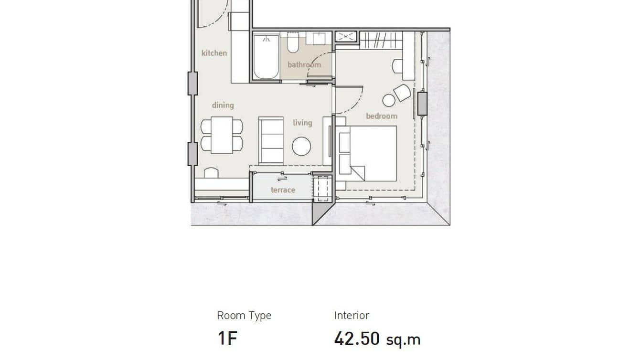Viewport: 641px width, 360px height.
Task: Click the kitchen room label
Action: [x=214, y=53]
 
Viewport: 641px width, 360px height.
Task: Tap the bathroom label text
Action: [x=304, y=64]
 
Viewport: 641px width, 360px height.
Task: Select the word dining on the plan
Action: [x=223, y=105]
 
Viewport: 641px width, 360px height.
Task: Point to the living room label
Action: [x=302, y=123]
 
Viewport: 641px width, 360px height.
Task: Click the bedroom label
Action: [x=382, y=116]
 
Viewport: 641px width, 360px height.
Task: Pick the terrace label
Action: [x=283, y=190]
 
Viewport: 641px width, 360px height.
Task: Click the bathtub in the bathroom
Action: [x=266, y=57]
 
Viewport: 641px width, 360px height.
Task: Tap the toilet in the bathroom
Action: [x=293, y=43]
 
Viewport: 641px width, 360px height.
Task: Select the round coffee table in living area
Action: [x=301, y=146]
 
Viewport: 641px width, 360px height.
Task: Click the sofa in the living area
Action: [x=271, y=140]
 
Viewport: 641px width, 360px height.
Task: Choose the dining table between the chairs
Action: [x=222, y=135]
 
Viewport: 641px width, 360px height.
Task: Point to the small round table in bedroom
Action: [x=389, y=100]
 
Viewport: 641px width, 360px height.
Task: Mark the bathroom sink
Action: [x=320, y=39]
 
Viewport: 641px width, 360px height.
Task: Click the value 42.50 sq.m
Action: [x=377, y=339]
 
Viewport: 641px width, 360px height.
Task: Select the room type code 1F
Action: [x=227, y=339]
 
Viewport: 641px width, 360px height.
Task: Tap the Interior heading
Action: [x=352, y=315]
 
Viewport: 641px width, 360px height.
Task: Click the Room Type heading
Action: [x=244, y=315]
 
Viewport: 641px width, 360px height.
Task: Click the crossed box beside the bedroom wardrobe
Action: [x=346, y=36]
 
